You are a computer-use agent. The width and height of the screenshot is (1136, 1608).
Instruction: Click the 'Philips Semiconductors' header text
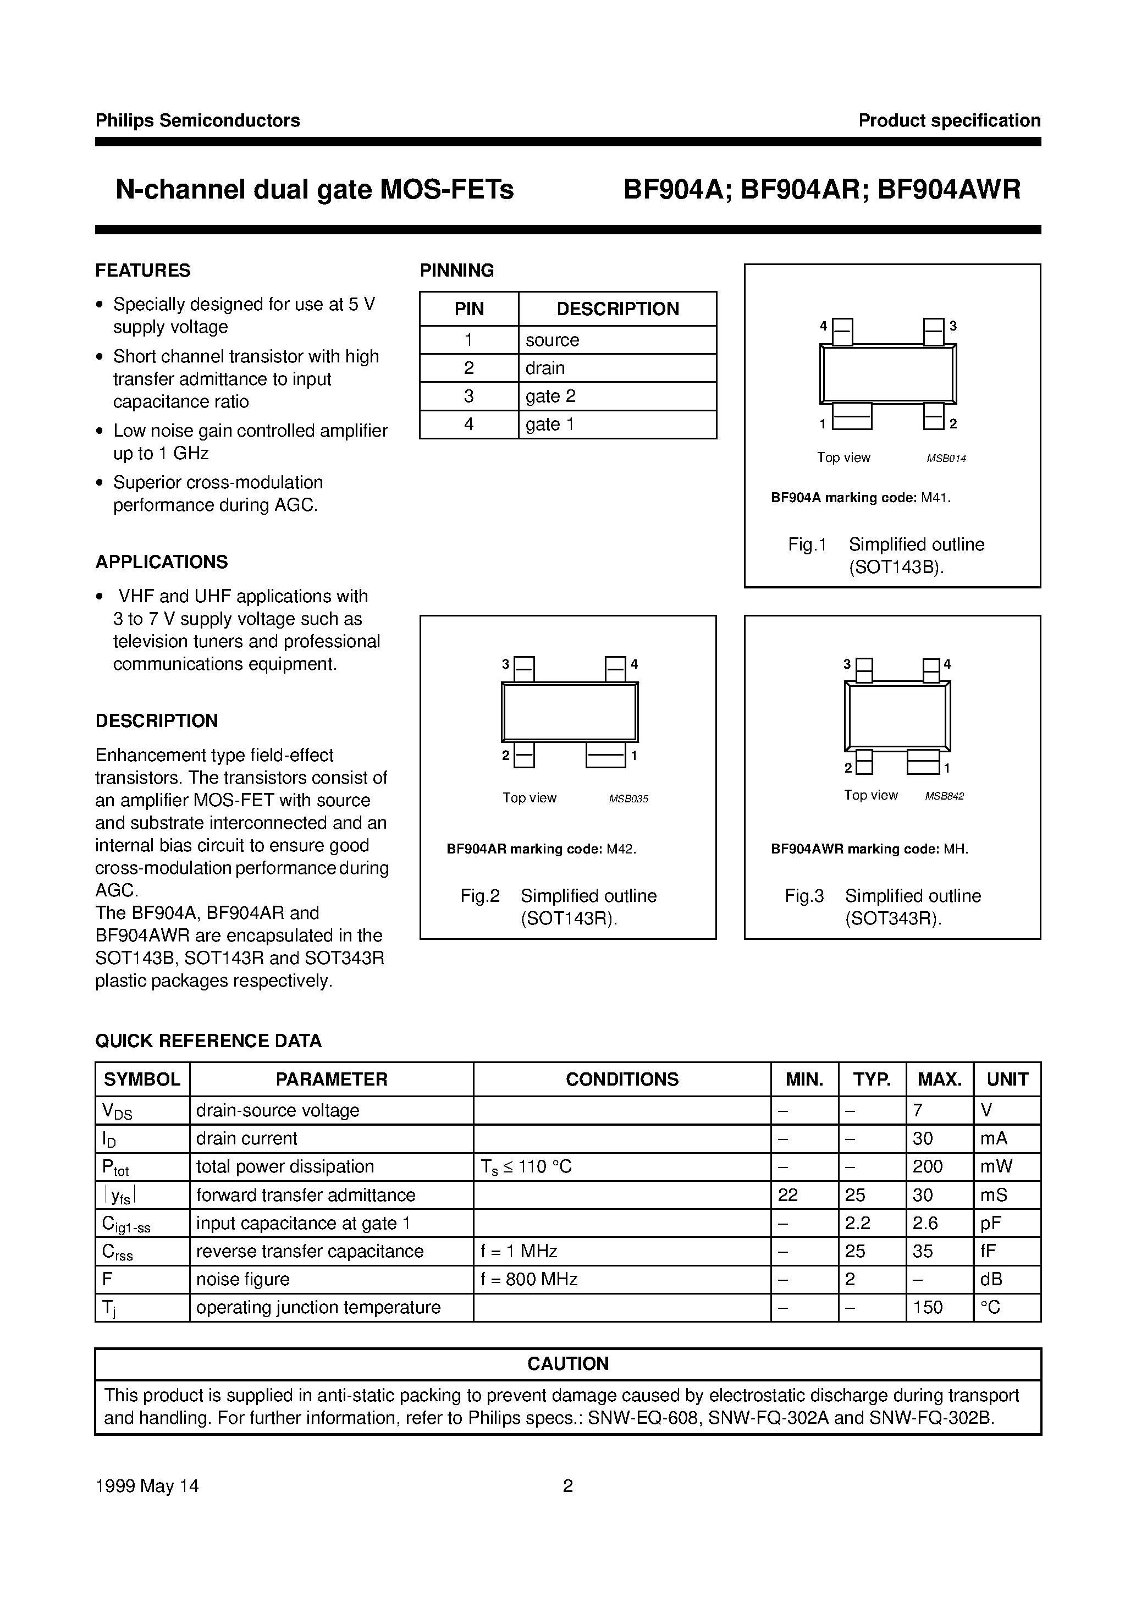(197, 120)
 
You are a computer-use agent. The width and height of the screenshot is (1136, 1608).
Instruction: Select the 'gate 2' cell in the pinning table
(550, 397)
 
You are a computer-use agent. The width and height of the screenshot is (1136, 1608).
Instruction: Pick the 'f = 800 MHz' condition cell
(529, 1280)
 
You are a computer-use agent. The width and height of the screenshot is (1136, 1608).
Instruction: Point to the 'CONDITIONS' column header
(622, 1079)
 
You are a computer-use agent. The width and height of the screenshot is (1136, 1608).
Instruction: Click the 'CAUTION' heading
(568, 1364)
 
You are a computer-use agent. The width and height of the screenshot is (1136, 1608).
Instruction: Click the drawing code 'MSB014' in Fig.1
(946, 459)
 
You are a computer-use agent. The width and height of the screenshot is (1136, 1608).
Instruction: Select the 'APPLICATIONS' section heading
(162, 561)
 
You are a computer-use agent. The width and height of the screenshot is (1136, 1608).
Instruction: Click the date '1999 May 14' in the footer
(147, 1485)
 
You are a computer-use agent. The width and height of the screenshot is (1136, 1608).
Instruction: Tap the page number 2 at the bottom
(568, 1485)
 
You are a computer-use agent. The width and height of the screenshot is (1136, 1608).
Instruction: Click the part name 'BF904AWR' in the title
(949, 190)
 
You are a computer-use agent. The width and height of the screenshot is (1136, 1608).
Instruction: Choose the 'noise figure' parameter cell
(243, 1280)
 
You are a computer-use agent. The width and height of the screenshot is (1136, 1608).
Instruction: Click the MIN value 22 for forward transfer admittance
(788, 1195)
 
